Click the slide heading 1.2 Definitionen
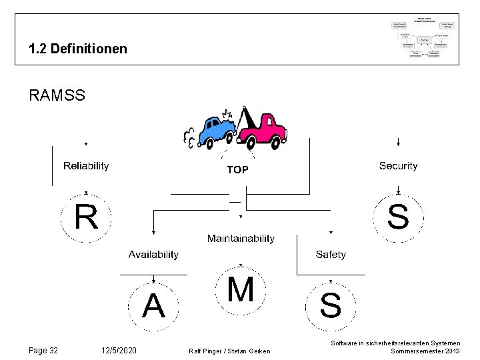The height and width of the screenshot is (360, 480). click(x=78, y=49)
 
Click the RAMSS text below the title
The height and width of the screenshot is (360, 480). click(x=57, y=95)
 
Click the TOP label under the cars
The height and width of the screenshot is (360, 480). click(x=237, y=170)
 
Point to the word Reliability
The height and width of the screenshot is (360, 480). click(x=86, y=165)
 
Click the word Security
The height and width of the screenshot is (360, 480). click(x=398, y=165)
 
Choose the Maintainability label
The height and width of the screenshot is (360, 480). click(x=241, y=238)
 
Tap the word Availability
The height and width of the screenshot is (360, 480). click(x=153, y=254)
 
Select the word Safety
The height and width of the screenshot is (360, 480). click(x=331, y=254)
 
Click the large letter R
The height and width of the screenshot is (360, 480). click(x=86, y=217)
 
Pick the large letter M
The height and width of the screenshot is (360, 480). click(x=241, y=290)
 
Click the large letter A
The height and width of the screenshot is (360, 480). click(x=153, y=307)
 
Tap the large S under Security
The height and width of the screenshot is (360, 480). click(x=398, y=217)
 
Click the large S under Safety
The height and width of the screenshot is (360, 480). click(x=331, y=307)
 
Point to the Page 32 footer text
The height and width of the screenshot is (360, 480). click(x=43, y=351)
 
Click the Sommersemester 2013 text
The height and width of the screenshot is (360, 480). click(x=425, y=351)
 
